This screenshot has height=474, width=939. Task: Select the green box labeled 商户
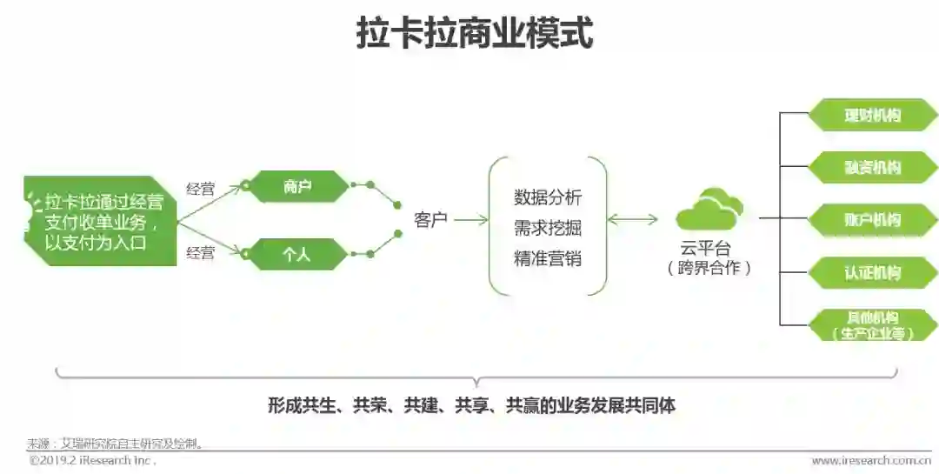[297, 186]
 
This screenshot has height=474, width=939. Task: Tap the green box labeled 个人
[297, 254]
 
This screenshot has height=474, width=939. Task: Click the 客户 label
[430, 220]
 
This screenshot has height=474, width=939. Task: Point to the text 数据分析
[548, 197]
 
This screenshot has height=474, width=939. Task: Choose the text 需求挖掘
[548, 228]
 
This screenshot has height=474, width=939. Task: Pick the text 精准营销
[548, 258]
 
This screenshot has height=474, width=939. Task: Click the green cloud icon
[709, 210]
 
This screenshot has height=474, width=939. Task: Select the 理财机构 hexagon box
[872, 115]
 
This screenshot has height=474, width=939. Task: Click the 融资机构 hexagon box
[872, 167]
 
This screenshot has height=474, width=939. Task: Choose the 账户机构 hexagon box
[872, 219]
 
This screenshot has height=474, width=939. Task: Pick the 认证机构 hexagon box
[872, 272]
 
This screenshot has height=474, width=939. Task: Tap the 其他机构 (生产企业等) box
[872, 324]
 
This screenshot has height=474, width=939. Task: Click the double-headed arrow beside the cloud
[632, 220]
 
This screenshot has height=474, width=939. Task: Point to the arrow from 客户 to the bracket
[470, 220]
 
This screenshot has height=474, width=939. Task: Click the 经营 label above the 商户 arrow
[201, 189]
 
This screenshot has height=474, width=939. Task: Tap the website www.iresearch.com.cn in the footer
[870, 461]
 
